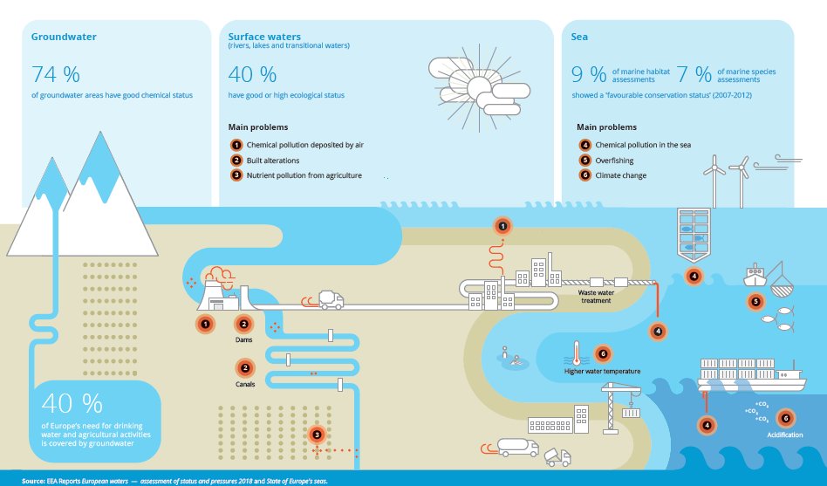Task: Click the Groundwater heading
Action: [x=64, y=38]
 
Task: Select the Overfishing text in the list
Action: [x=614, y=161]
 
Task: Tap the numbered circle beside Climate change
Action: [x=584, y=175]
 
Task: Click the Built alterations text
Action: [x=273, y=161]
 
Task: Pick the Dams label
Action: [x=244, y=341]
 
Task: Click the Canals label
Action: [x=244, y=385]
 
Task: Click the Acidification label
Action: [x=784, y=435]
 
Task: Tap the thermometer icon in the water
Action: [x=576, y=353]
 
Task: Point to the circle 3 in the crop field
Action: [x=318, y=434]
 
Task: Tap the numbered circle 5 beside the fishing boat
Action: [x=755, y=303]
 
